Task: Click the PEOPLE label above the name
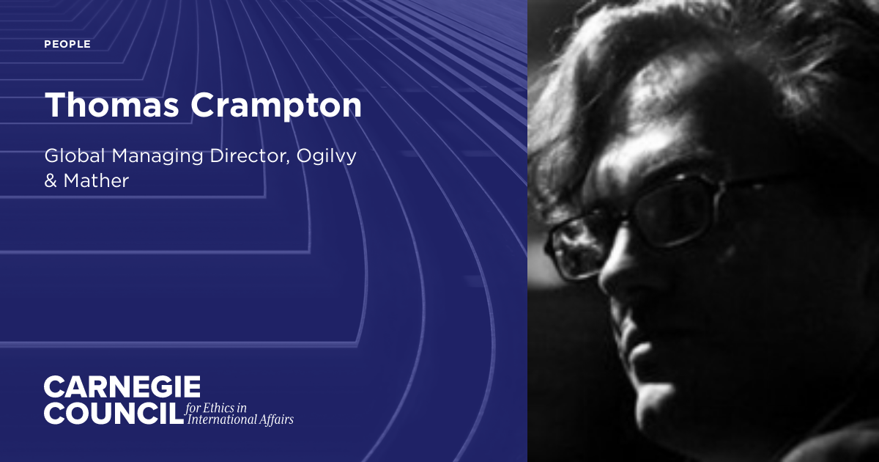point(67,45)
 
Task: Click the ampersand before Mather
point(51,181)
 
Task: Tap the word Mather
point(97,181)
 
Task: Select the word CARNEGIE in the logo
point(122,387)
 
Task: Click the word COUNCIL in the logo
point(111,413)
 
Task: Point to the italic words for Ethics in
point(217,407)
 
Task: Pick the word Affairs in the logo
point(274,420)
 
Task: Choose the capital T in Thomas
point(56,106)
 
